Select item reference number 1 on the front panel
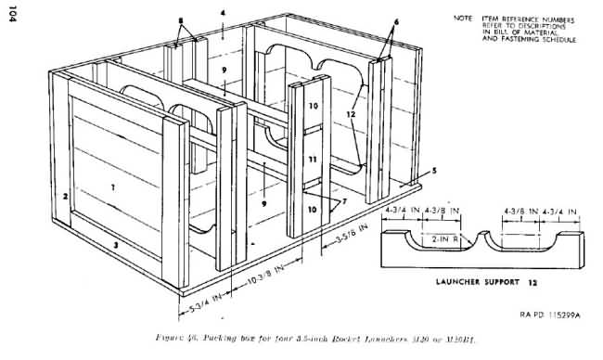pyautogui.click(x=112, y=186)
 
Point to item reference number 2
pyautogui.click(x=66, y=197)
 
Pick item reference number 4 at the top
pyautogui.click(x=224, y=13)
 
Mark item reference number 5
pyautogui.click(x=432, y=171)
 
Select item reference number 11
pyautogui.click(x=313, y=160)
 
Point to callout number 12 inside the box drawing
pyautogui.click(x=351, y=114)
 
